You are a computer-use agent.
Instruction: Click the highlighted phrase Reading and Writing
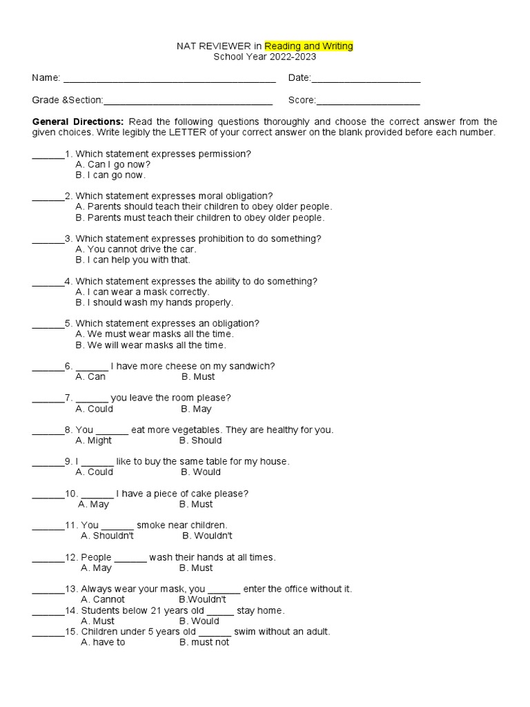[x=308, y=46]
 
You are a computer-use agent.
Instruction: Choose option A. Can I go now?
[x=113, y=164]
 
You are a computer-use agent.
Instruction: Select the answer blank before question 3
[x=48, y=240]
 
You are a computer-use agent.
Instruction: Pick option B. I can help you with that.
[x=132, y=260]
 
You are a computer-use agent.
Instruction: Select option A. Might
[x=94, y=440]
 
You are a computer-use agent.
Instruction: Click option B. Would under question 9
[x=201, y=472]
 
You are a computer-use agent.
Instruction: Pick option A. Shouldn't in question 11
[x=108, y=536]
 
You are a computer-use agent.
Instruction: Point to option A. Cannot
[x=103, y=599]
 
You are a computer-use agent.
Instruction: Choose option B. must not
[x=204, y=642]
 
